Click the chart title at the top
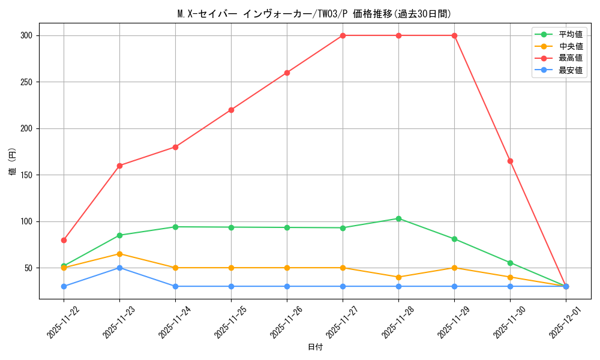(314, 14)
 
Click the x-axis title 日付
(314, 347)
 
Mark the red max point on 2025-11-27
(343, 35)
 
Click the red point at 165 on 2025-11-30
(510, 161)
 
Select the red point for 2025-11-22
(64, 240)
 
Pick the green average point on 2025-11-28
(398, 218)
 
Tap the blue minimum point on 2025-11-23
(119, 268)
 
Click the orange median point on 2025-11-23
(119, 254)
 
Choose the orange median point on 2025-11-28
(398, 277)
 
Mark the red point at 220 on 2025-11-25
(231, 110)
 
